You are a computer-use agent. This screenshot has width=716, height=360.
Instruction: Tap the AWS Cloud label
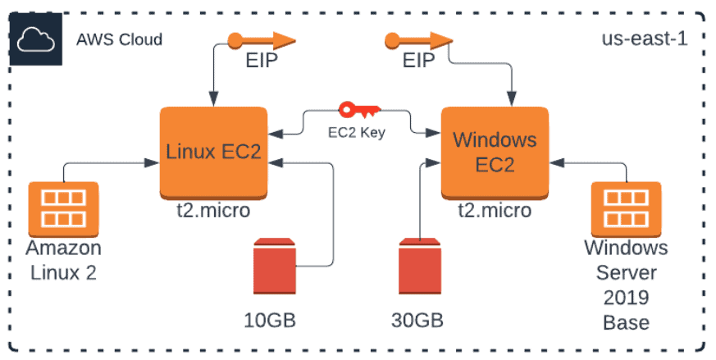[119, 39]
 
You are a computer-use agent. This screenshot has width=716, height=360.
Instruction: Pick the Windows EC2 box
[495, 152]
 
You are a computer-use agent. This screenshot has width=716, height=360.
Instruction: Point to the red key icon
[358, 109]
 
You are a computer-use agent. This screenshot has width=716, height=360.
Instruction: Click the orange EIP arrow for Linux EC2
[261, 39]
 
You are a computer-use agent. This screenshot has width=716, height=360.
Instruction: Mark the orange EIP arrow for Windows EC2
[419, 39]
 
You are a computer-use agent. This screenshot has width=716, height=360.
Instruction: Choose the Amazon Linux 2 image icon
[63, 207]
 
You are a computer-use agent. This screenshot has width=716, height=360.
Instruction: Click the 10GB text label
[270, 319]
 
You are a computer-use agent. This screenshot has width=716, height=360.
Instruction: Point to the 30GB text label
[420, 319]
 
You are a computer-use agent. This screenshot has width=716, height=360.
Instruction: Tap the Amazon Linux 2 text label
[63, 260]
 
